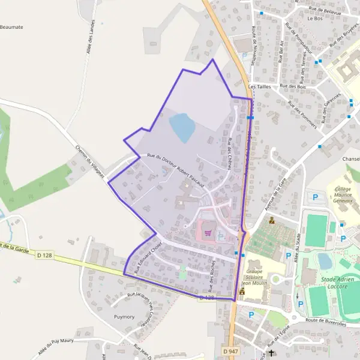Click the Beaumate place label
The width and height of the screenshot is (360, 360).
click(11, 27)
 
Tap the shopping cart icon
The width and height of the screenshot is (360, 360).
click(208, 233)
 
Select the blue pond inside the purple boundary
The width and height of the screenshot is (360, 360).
click(181, 127)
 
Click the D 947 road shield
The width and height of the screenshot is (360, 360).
click(229, 350)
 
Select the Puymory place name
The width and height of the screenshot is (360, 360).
click(125, 315)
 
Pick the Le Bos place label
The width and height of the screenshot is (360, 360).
click(314, 19)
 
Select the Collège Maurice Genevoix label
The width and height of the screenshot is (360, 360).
click(343, 195)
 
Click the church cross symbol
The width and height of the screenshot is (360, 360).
click(271, 353)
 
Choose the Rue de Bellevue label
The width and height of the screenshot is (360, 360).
click(325, 10)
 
